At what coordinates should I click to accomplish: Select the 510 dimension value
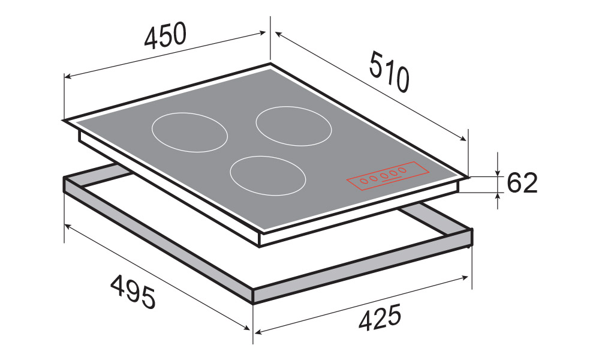[x=389, y=73]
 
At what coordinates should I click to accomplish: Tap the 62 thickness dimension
[x=522, y=183]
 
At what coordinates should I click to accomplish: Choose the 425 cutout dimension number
[x=380, y=316]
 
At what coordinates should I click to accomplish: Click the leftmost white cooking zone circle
[x=190, y=132]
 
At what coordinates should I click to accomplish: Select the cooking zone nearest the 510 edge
[x=293, y=126]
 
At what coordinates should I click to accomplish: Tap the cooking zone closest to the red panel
[x=268, y=176]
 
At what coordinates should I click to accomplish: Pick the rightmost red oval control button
[x=402, y=170]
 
